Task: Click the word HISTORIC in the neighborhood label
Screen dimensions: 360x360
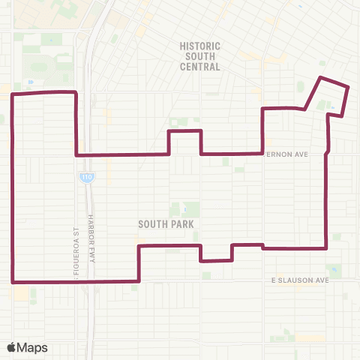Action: pyautogui.click(x=200, y=46)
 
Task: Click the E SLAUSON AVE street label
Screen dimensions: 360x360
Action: pyautogui.click(x=301, y=280)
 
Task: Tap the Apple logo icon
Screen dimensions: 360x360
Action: pyautogui.click(x=12, y=346)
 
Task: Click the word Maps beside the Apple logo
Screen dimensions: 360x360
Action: pyautogui.click(x=34, y=347)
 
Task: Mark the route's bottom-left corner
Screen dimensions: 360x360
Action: pyautogui.click(x=13, y=282)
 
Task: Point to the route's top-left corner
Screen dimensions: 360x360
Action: pyautogui.click(x=12, y=94)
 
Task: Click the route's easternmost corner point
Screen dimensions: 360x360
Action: pyautogui.click(x=349, y=88)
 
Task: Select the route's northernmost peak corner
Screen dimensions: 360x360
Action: pyautogui.click(x=322, y=77)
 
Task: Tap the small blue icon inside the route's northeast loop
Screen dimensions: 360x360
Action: pyautogui.click(x=331, y=106)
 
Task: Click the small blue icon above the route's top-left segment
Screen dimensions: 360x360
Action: pyautogui.click(x=29, y=82)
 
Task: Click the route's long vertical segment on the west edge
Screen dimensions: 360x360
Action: pyautogui.click(x=12, y=187)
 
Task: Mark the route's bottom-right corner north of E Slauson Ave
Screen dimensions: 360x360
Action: pyautogui.click(x=326, y=247)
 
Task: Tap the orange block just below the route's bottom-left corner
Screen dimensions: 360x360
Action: pyautogui.click(x=17, y=292)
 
